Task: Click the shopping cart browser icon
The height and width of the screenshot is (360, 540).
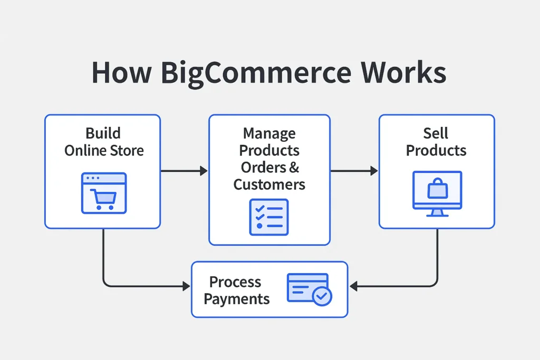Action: tap(103, 193)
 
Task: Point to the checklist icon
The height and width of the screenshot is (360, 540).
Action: tap(268, 217)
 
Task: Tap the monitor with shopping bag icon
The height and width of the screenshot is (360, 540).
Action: tap(437, 193)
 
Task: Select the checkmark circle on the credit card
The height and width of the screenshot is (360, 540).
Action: tap(321, 296)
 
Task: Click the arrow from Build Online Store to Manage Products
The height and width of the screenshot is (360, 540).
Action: tap(184, 171)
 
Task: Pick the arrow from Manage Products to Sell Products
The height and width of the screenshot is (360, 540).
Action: tap(354, 171)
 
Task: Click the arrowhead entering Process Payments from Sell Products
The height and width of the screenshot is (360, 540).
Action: tap(354, 287)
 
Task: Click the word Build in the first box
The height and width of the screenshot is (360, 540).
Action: tap(103, 133)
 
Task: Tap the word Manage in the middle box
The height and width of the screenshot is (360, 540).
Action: tap(269, 133)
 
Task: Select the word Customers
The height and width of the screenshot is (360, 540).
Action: tap(269, 184)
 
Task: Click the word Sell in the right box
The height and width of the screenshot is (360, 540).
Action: tap(436, 133)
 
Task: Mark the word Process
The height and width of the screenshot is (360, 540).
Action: tap(235, 282)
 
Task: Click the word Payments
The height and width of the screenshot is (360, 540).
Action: tap(237, 299)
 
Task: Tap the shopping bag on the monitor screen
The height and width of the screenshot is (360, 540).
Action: tap(437, 189)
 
